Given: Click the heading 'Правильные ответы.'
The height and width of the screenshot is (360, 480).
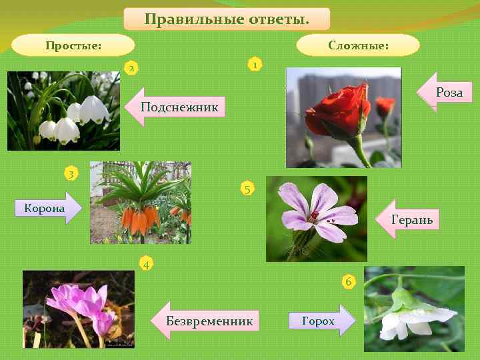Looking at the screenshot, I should pyautogui.click(x=227, y=19).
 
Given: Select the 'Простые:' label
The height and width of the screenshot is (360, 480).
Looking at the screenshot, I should pyautogui.click(x=73, y=45).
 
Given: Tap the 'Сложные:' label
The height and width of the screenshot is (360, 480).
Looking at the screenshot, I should pyautogui.click(x=358, y=45).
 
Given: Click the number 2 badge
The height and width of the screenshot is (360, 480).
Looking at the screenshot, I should pyautogui.click(x=132, y=68).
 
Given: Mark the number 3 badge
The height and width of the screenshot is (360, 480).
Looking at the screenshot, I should pyautogui.click(x=71, y=174).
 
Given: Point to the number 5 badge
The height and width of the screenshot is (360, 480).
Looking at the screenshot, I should pyautogui.click(x=247, y=189).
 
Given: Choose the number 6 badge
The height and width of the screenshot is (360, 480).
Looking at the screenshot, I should pyautogui.click(x=349, y=281).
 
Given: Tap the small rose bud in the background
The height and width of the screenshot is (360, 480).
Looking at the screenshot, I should pyautogui.click(x=385, y=105).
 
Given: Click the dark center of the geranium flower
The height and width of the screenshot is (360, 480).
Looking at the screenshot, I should pyautogui.click(x=314, y=216).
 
